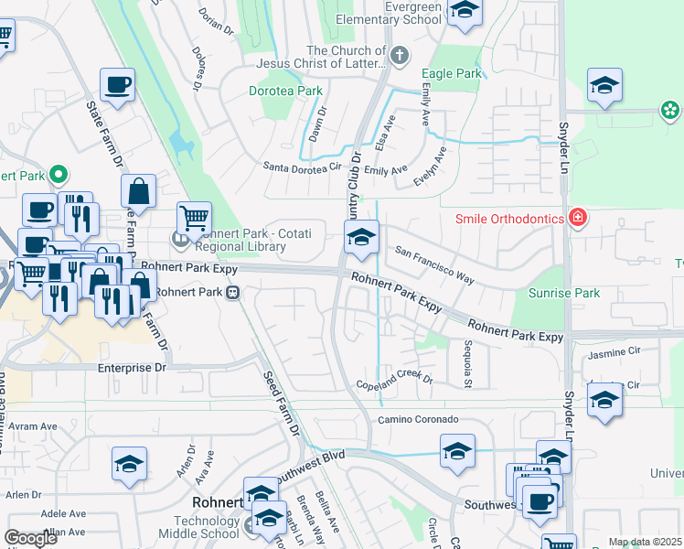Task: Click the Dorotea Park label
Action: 285,91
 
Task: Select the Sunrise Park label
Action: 564,294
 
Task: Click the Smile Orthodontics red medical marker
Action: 577,218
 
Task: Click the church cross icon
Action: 399,57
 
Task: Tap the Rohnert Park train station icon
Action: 234,293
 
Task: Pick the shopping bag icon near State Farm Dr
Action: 138,191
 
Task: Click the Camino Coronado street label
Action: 418,419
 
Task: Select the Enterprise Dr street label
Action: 134,367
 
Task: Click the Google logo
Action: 30,538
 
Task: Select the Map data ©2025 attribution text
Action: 644,543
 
